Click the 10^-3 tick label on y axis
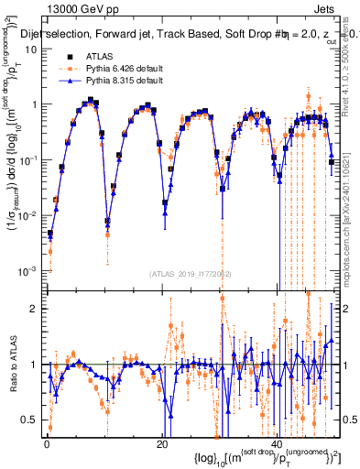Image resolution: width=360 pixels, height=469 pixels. (x=28, y=271)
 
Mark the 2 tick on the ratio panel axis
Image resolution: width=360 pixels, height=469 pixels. (x=35, y=309)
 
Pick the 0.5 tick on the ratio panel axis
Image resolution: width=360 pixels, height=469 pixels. (x=31, y=420)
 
